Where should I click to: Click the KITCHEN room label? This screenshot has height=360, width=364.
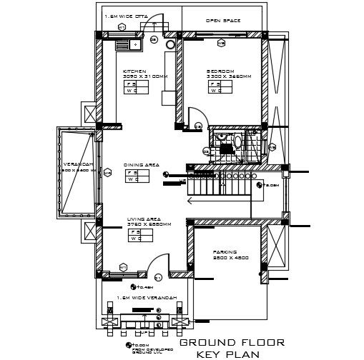pos(134,71)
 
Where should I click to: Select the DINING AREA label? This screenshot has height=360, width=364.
pos(141,164)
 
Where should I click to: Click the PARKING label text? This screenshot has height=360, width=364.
pos(224,252)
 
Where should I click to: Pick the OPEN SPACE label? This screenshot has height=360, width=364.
pos(222,21)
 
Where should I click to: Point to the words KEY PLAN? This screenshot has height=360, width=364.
pos(225,354)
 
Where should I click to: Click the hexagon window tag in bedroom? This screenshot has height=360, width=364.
pos(222,43)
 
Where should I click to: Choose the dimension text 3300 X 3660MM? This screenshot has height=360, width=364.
pos(223,76)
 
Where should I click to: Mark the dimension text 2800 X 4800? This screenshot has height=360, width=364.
pos(230,258)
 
